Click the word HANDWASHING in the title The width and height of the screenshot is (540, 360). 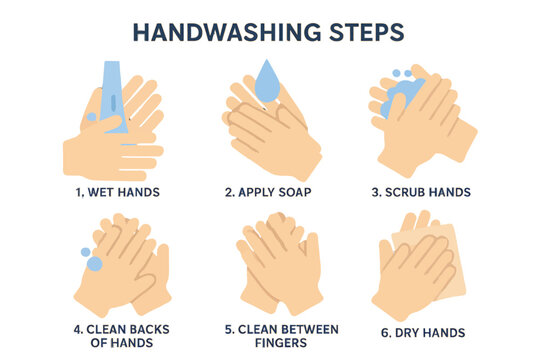pos(227,33)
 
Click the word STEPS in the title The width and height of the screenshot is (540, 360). pos(366,33)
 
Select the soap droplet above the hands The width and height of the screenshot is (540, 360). pos(267,81)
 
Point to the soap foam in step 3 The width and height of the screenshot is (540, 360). pos(401,95)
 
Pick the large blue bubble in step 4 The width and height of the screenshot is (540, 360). pos(94,264)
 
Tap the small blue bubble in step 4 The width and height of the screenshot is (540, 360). pos(85,252)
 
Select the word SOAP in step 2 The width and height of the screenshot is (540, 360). pos(295,192)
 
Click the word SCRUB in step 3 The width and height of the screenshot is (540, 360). pos(403,192)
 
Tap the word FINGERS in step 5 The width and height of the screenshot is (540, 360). pos(281,343)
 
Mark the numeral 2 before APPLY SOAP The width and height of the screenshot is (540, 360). pos(229,192)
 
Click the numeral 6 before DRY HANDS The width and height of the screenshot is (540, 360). pos(385,333)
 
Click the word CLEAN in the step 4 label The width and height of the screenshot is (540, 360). pos(106,329)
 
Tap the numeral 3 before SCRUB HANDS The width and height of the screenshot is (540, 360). pos(376,192)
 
